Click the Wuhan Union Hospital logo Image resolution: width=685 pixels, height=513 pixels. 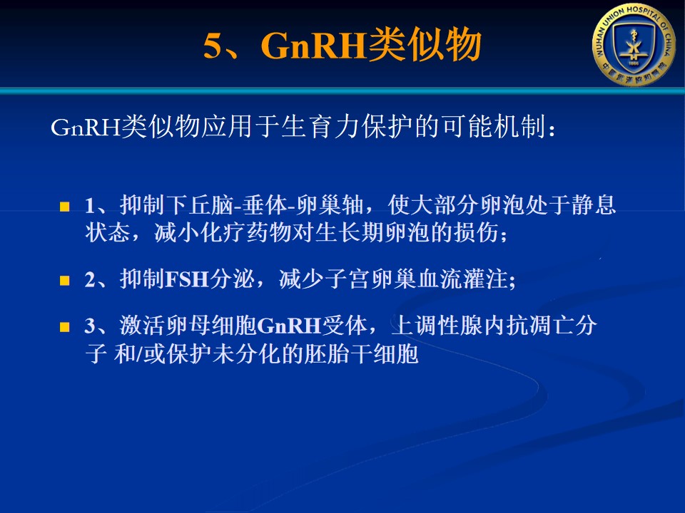click(634, 44)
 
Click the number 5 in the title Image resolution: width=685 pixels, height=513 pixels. click(213, 46)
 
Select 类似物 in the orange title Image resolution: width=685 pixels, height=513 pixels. click(424, 45)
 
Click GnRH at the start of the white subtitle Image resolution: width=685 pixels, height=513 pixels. click(86, 128)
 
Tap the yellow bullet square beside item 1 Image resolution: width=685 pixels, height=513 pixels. click(65, 206)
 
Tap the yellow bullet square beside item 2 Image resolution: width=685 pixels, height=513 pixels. click(65, 279)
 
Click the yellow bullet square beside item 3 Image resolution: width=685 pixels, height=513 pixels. click(65, 327)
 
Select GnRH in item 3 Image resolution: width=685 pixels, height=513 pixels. click(290, 326)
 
